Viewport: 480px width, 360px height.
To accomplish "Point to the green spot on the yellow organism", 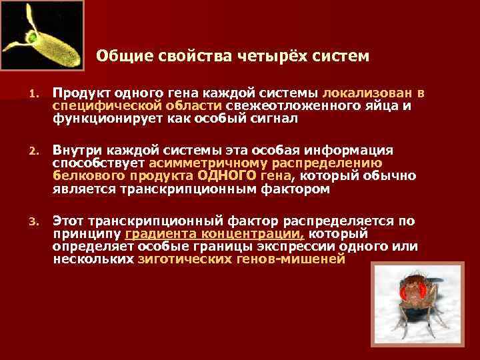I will click(31, 37).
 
